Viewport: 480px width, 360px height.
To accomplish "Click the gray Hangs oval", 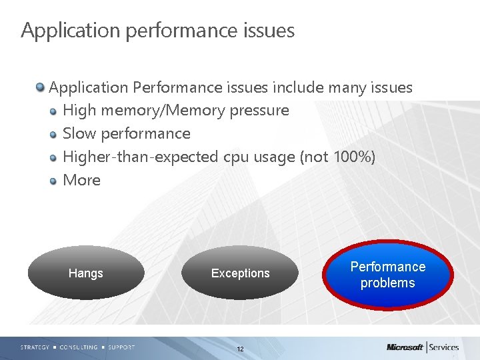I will [86, 273].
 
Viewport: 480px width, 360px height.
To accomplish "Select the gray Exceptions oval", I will [240, 273].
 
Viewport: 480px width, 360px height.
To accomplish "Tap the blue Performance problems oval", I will [388, 275].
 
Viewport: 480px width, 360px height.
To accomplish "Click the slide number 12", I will [240, 349].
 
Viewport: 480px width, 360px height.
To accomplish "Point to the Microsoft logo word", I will [404, 347].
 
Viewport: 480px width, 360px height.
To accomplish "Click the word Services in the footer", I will [444, 347].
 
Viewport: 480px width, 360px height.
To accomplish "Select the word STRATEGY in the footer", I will [35, 347].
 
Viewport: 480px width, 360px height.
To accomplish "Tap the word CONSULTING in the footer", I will [79, 347].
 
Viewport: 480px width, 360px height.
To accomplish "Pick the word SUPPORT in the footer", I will [121, 347].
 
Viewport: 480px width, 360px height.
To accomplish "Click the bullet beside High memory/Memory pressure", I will [54, 111].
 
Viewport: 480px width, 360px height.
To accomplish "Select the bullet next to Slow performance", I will [54, 135].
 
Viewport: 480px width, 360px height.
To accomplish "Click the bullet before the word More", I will [54, 181].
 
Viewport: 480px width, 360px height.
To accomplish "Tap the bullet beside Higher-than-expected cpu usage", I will [54, 158].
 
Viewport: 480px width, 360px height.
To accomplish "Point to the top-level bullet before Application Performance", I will [41, 87].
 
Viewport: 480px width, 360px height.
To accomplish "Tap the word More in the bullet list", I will [81, 180].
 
